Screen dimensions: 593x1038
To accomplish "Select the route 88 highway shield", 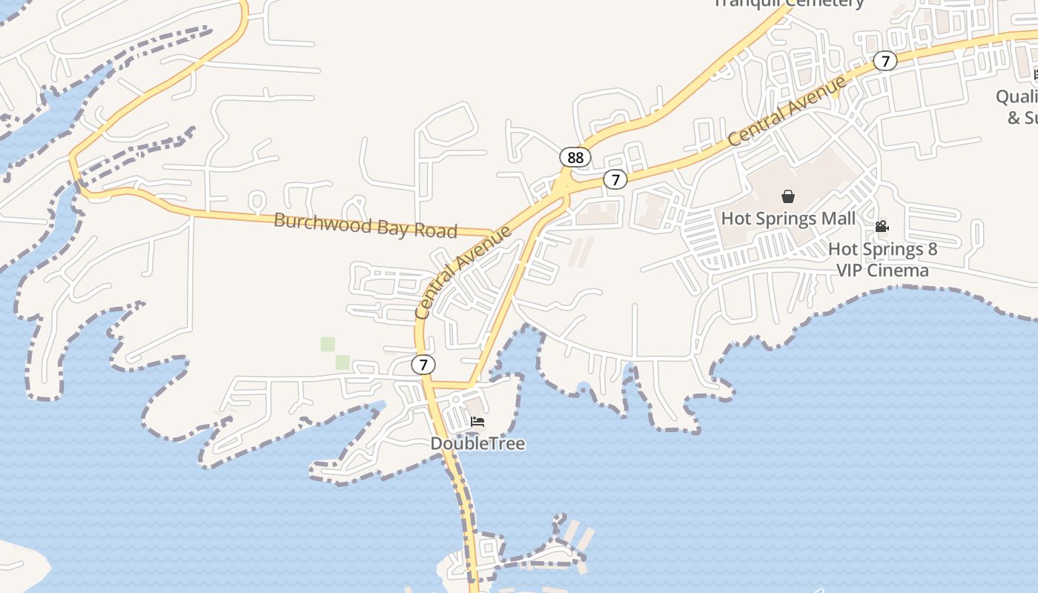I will point(575,157).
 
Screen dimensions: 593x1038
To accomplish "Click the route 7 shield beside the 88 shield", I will point(615,179).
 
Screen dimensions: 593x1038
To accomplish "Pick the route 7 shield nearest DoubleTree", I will point(423,364).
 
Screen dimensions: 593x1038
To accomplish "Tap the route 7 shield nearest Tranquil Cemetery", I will point(885,61).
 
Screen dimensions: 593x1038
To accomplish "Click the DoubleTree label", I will point(477,443).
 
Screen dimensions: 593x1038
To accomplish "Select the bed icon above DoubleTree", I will point(477,422).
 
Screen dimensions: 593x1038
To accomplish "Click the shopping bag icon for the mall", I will point(788,196).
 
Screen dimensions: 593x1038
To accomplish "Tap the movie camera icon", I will point(882,226).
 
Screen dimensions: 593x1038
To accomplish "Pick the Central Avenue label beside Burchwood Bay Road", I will point(463,272).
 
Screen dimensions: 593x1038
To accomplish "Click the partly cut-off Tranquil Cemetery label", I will point(789,4).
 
